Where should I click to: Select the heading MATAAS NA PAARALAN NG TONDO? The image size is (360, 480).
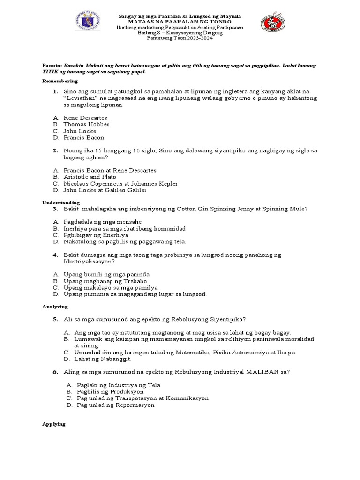click(179, 22)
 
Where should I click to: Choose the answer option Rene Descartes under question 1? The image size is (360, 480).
click(85, 118)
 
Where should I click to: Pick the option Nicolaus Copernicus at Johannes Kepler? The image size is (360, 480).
click(120, 184)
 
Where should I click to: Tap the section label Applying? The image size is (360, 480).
click(53, 424)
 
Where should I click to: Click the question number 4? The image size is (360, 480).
click(55, 255)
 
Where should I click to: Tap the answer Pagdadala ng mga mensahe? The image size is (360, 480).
click(103, 221)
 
